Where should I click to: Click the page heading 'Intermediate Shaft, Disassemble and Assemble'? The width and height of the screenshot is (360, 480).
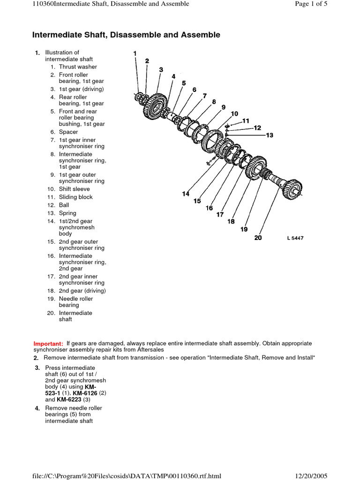126,35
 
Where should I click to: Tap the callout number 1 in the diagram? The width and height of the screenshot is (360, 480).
135,53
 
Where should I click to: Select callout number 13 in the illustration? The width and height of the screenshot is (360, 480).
269,135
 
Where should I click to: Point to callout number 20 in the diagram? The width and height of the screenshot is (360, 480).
258,238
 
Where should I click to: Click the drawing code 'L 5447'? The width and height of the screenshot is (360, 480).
295,238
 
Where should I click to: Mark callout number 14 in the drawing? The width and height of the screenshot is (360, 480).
186,194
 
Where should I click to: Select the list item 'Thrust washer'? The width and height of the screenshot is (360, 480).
78,67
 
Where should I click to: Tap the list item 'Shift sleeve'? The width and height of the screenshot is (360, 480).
74,189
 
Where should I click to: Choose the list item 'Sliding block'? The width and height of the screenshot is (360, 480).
75,197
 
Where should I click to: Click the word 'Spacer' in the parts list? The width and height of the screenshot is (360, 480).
68,132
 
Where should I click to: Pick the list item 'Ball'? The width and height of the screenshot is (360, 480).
64,205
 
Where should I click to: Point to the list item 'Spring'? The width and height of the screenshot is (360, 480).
67,213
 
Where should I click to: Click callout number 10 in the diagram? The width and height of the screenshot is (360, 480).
234,113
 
